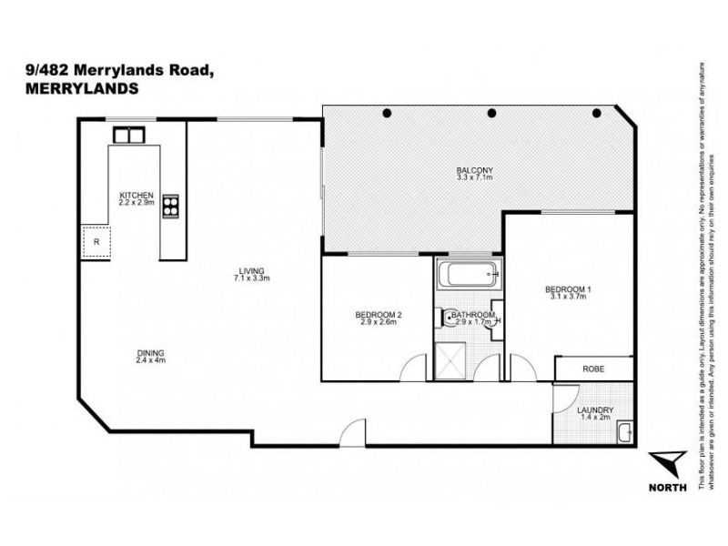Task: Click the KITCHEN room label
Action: pyautogui.click(x=136, y=195)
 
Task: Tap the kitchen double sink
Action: pyautogui.click(x=128, y=135)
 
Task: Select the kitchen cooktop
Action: pyautogui.click(x=170, y=207)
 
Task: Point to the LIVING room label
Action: pyautogui.click(x=251, y=271)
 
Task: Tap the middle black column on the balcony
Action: pyautogui.click(x=491, y=113)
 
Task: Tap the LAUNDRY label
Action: pyautogui.click(x=595, y=409)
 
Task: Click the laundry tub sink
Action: pyautogui.click(x=624, y=431)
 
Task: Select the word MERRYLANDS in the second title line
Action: pyautogui.click(x=77, y=89)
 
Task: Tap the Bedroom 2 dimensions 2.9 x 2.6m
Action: pyautogui.click(x=378, y=323)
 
